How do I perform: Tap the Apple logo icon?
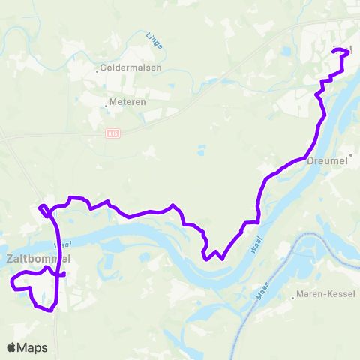point(12,347)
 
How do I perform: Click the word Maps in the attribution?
point(33,347)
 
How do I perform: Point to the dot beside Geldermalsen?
point(97,72)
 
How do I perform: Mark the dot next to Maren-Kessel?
point(293,298)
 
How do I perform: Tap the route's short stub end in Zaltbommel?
point(64,274)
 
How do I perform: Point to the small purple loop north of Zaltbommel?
point(44,208)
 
